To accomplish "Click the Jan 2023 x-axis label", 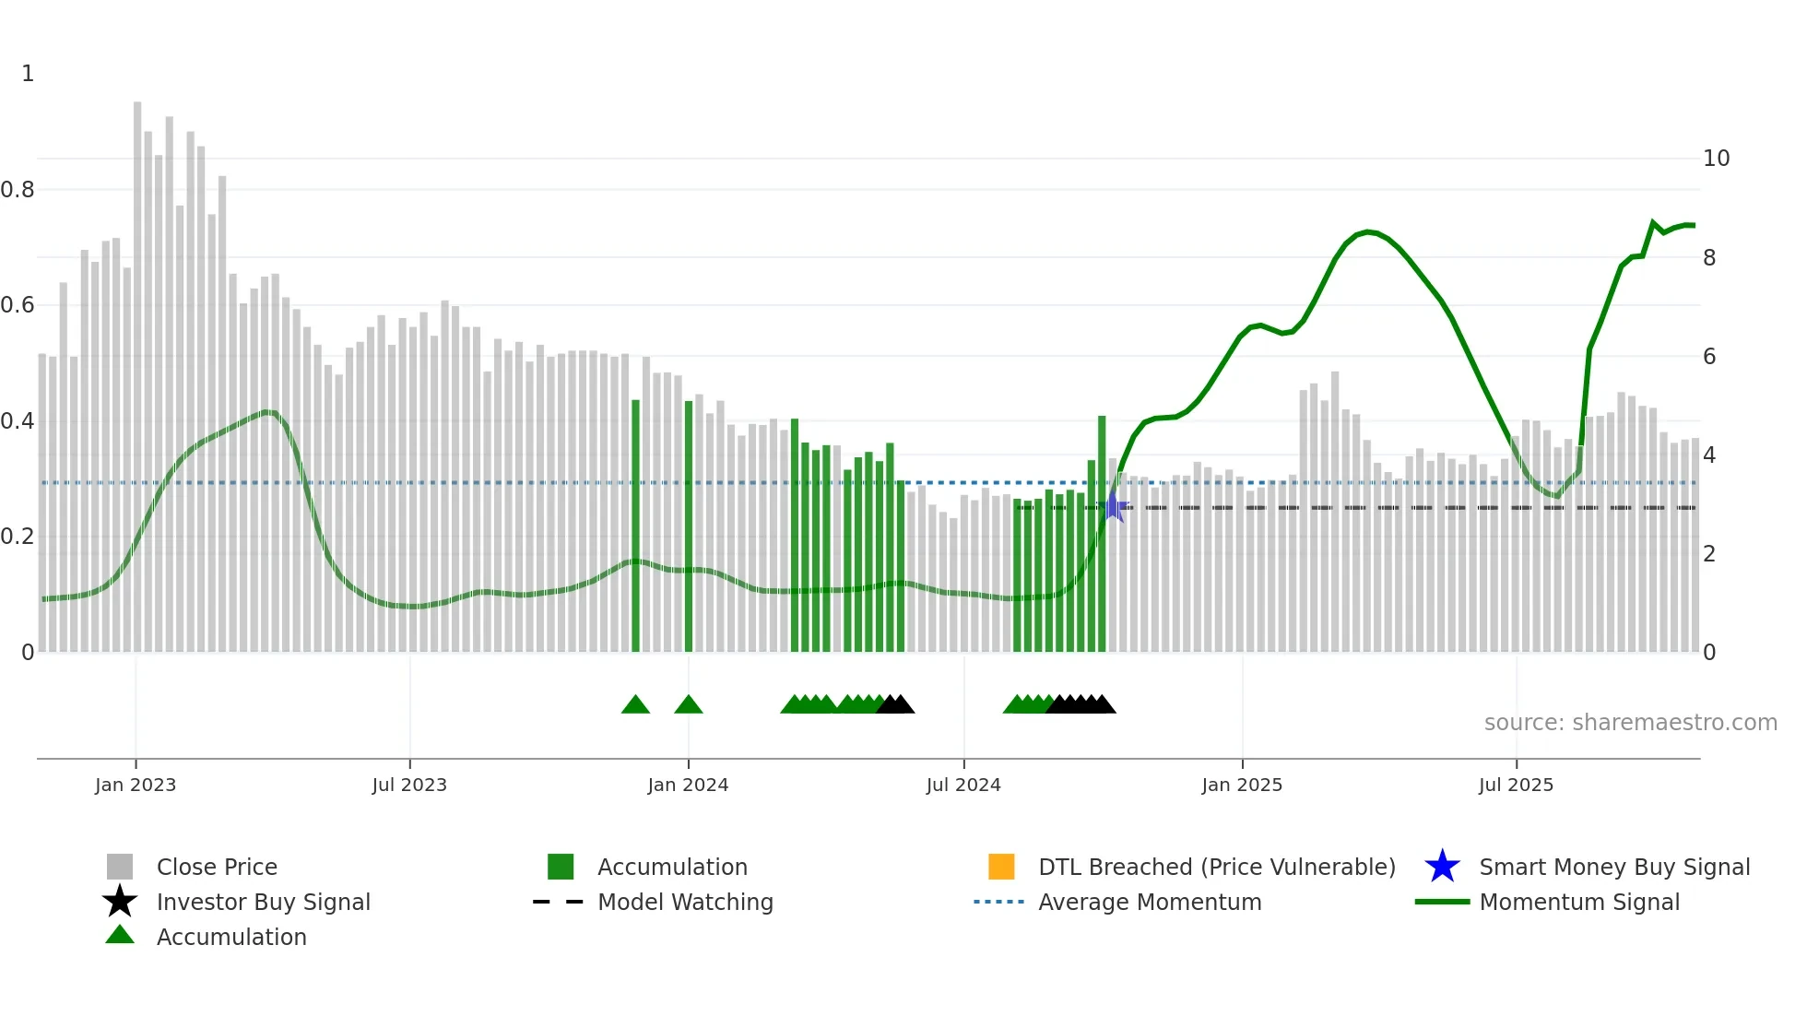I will point(135,785).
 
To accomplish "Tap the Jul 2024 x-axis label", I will point(963,785).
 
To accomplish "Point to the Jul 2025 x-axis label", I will point(1516,785).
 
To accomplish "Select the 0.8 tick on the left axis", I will point(18,190).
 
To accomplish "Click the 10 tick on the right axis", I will point(1716,159).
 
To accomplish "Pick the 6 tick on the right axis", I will point(1709,357).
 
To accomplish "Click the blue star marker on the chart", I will point(1114,507).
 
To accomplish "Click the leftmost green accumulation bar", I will point(635,526).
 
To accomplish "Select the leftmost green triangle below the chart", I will point(635,705).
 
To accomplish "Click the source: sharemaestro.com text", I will point(1630,723).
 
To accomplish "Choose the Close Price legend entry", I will point(217,867).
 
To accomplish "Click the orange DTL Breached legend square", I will point(1001,867).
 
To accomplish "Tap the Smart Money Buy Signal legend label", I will point(1613,867).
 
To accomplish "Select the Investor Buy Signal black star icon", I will point(120,902).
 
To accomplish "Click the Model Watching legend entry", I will point(684,902).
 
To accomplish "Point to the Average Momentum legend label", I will point(1149,902).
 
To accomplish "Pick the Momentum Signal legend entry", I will point(1578,902).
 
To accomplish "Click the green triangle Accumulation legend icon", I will point(120,936).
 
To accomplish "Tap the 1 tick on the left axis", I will point(28,74).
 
